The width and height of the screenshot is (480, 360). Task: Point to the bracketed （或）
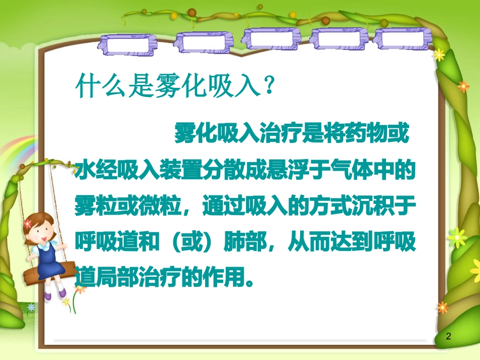pos(194,243)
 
